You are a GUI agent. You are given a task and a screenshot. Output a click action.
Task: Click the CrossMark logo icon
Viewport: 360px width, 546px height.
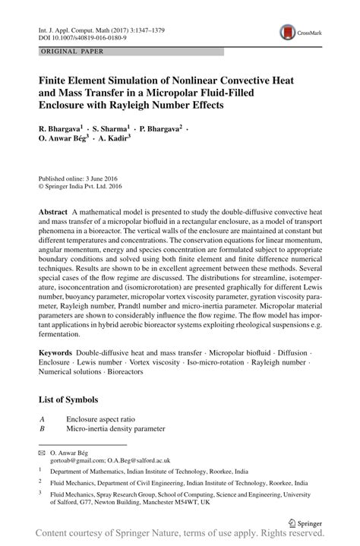[x=287, y=32]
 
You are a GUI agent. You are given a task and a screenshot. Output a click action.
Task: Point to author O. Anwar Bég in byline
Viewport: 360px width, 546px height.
[x=65, y=140]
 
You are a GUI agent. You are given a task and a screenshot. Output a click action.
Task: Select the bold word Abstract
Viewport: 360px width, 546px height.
[x=52, y=208]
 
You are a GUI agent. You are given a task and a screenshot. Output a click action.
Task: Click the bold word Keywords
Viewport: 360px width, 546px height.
[x=55, y=354]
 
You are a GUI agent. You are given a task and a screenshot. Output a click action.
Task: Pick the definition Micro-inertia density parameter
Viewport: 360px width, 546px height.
[x=115, y=428]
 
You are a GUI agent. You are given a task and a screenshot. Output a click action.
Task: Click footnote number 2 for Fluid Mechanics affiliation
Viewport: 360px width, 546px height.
[x=40, y=482]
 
